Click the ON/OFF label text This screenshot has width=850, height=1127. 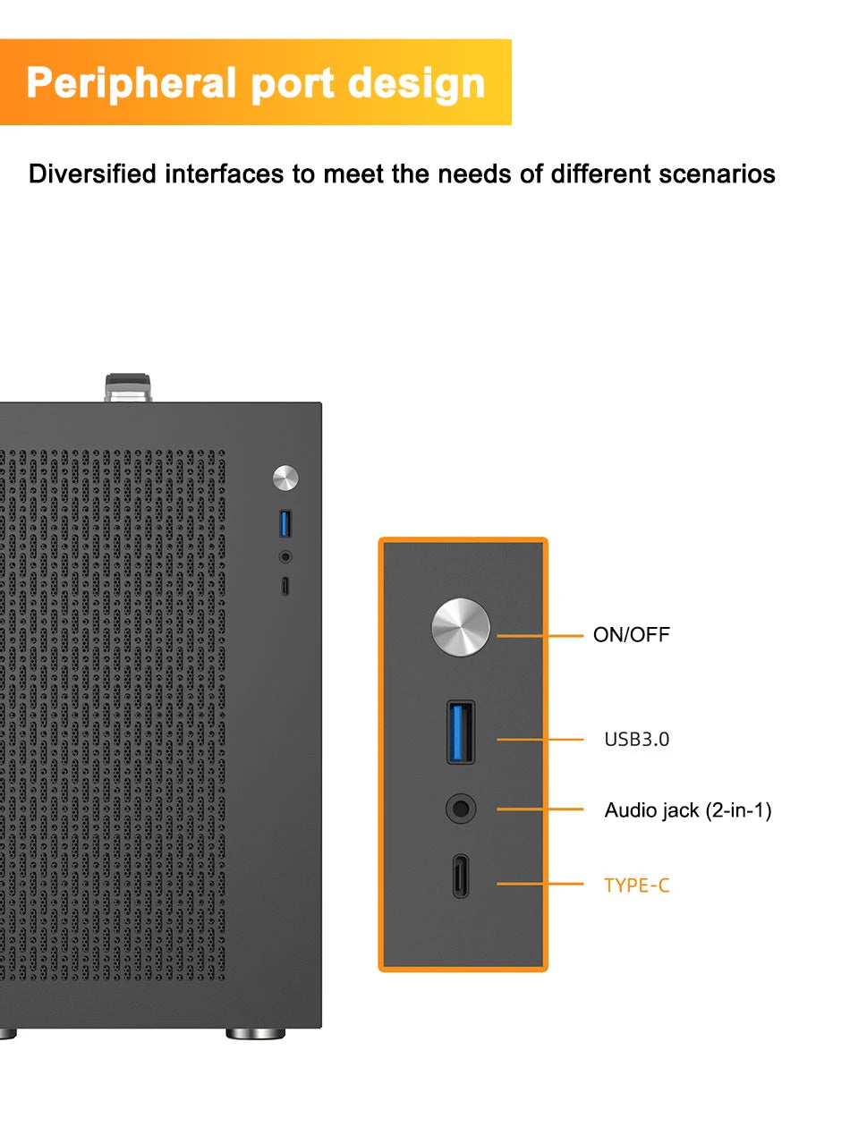coord(631,635)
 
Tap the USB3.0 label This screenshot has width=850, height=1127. coord(636,740)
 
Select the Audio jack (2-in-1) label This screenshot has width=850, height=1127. coord(687,810)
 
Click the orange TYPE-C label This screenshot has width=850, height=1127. coord(636,885)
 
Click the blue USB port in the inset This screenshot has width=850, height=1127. coord(461,732)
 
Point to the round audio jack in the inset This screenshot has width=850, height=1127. coord(461,809)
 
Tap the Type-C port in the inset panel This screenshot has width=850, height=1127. coord(461,876)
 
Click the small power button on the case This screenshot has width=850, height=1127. coord(285,478)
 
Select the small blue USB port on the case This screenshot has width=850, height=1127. coord(285,522)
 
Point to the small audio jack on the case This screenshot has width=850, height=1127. coord(285,556)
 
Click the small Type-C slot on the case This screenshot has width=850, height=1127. coord(285,587)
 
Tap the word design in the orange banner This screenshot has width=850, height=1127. coord(416,82)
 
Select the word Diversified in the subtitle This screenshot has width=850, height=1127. coord(92,174)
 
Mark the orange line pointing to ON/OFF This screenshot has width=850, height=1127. coord(539,636)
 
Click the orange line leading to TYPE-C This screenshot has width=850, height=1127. coord(539,884)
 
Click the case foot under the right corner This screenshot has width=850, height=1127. coord(255,1034)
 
